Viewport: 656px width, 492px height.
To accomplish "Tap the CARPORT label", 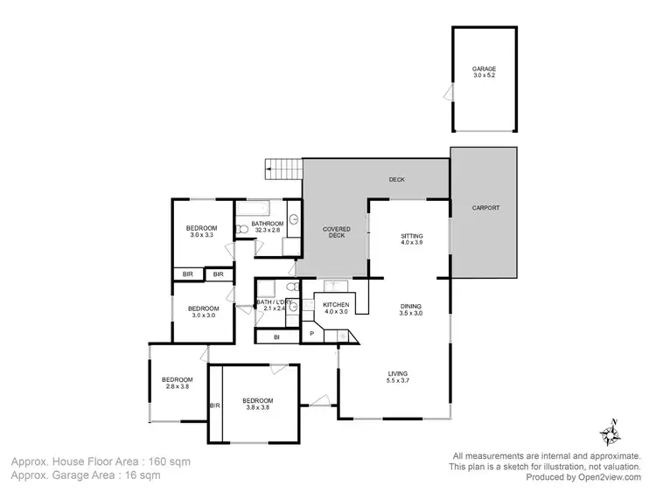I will click(x=486, y=208).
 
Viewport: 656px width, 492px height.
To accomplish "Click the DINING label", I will click(x=411, y=306).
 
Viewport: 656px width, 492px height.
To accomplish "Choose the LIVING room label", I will click(x=399, y=373).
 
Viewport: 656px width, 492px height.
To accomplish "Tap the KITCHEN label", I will click(x=337, y=304).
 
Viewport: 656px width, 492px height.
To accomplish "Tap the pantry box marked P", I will click(x=311, y=334).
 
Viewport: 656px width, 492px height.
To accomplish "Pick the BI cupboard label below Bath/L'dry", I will click(x=276, y=336).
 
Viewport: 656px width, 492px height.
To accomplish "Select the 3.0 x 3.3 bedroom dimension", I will click(x=201, y=235).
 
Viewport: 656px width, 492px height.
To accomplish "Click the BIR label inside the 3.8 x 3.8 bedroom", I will click(x=214, y=405).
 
